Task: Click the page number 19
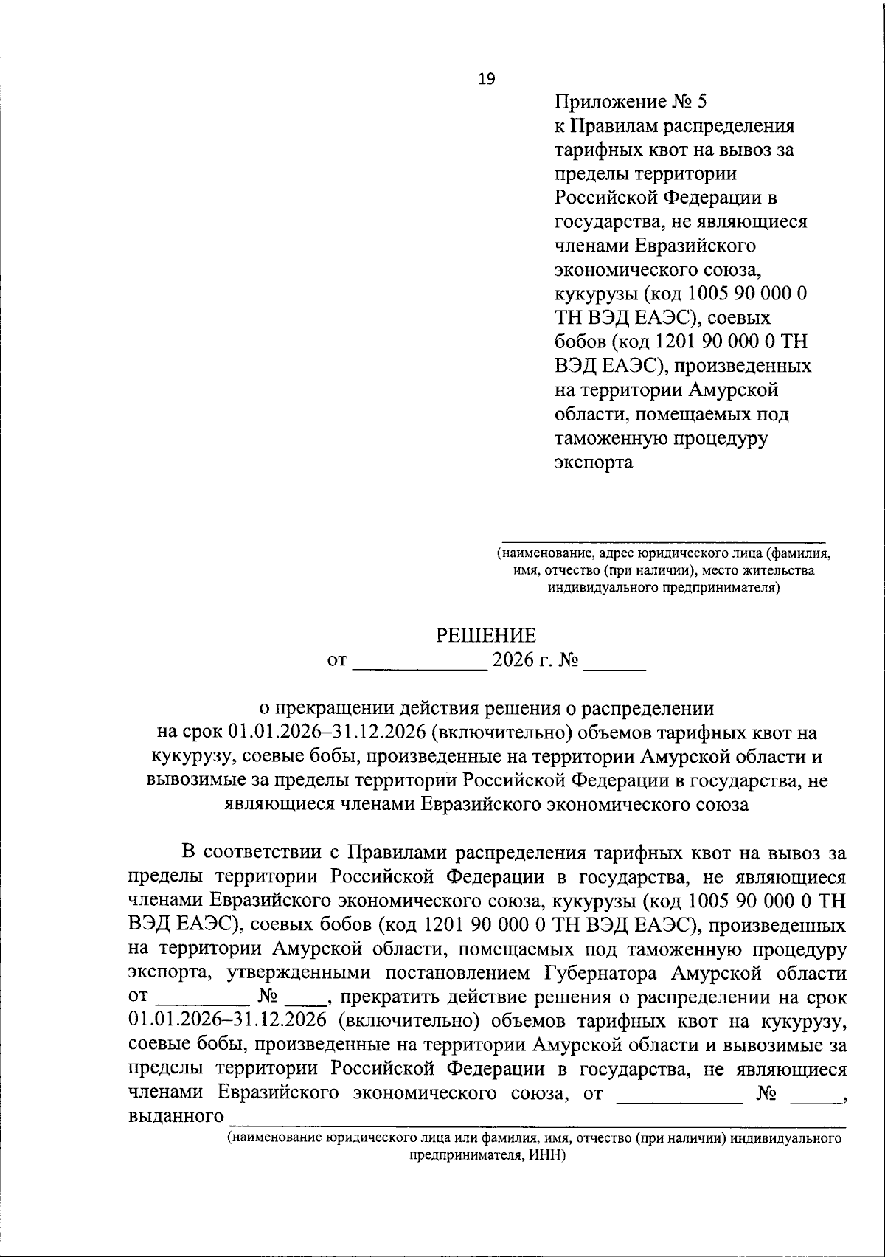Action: tap(487, 78)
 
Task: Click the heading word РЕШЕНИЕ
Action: tap(486, 635)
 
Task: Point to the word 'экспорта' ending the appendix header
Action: tap(594, 463)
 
